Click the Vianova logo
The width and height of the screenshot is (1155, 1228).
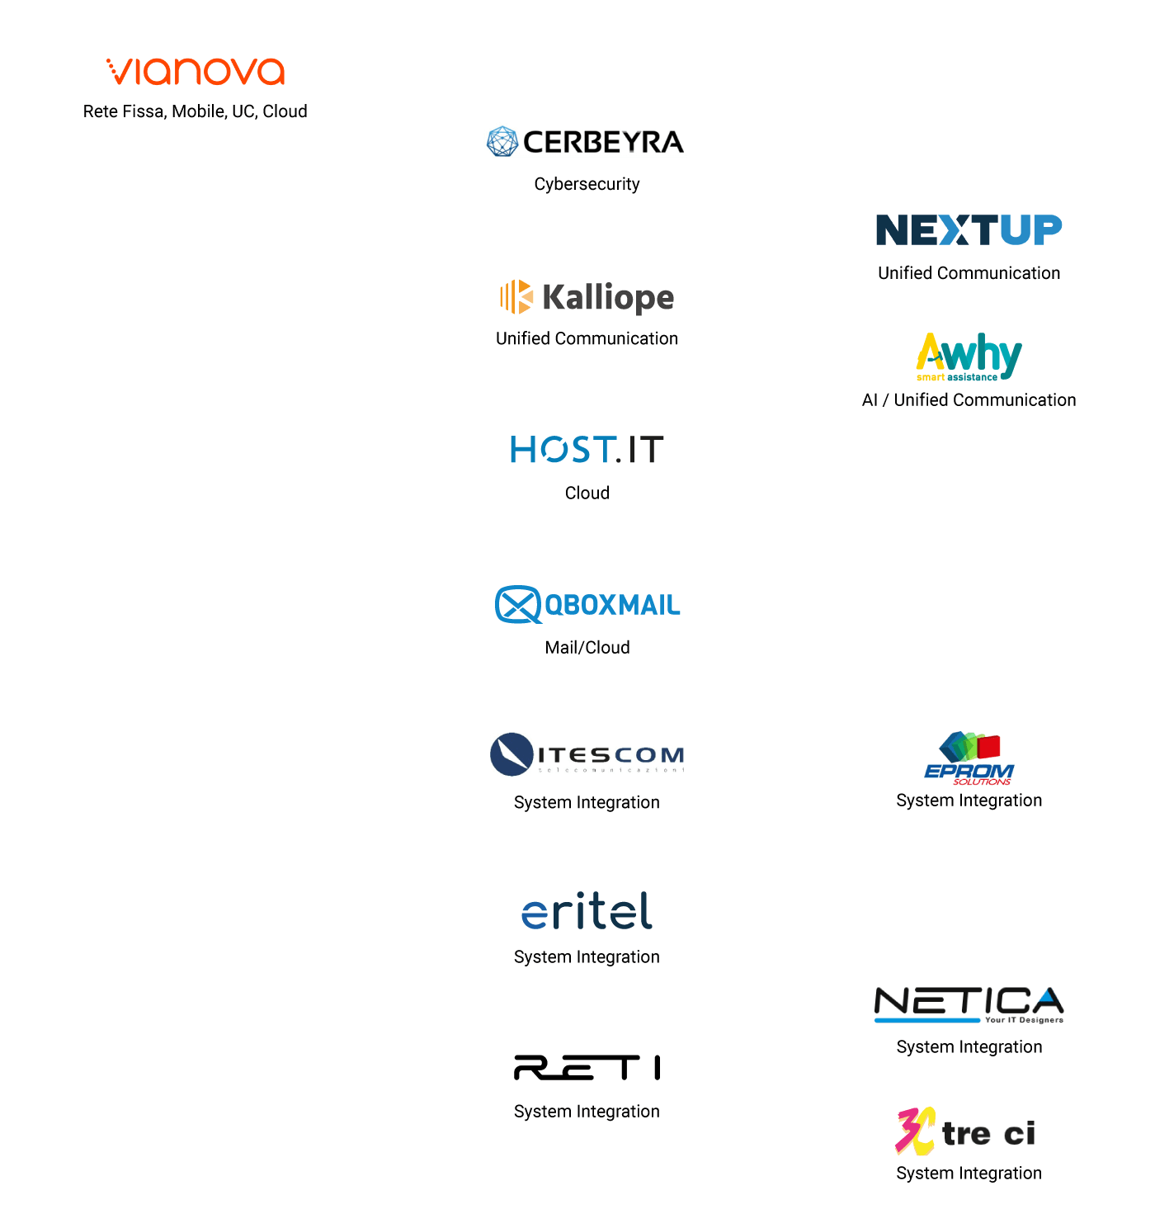(x=196, y=72)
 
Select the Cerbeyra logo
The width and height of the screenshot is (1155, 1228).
(x=586, y=142)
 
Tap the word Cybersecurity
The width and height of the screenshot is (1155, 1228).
(x=587, y=184)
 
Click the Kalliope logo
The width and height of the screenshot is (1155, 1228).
(x=587, y=297)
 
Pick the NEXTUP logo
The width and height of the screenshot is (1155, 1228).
(x=969, y=230)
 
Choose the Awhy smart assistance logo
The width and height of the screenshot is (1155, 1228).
(x=969, y=357)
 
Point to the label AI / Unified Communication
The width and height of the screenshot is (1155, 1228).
(x=969, y=400)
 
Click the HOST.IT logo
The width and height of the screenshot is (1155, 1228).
(x=587, y=450)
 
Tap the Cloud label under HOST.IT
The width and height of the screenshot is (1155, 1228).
(x=587, y=493)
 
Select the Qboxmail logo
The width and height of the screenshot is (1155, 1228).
(x=587, y=605)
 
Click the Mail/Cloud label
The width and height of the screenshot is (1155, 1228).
(x=587, y=648)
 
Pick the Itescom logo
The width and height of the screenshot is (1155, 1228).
(x=587, y=754)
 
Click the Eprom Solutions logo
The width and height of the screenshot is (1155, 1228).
(x=969, y=758)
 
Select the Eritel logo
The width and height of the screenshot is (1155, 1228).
(x=587, y=911)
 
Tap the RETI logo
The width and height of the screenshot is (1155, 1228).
(x=587, y=1067)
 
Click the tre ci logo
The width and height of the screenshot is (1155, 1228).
(x=966, y=1131)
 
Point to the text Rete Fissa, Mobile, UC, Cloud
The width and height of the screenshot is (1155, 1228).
(x=195, y=111)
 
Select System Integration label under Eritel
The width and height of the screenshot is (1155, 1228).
(x=587, y=957)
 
